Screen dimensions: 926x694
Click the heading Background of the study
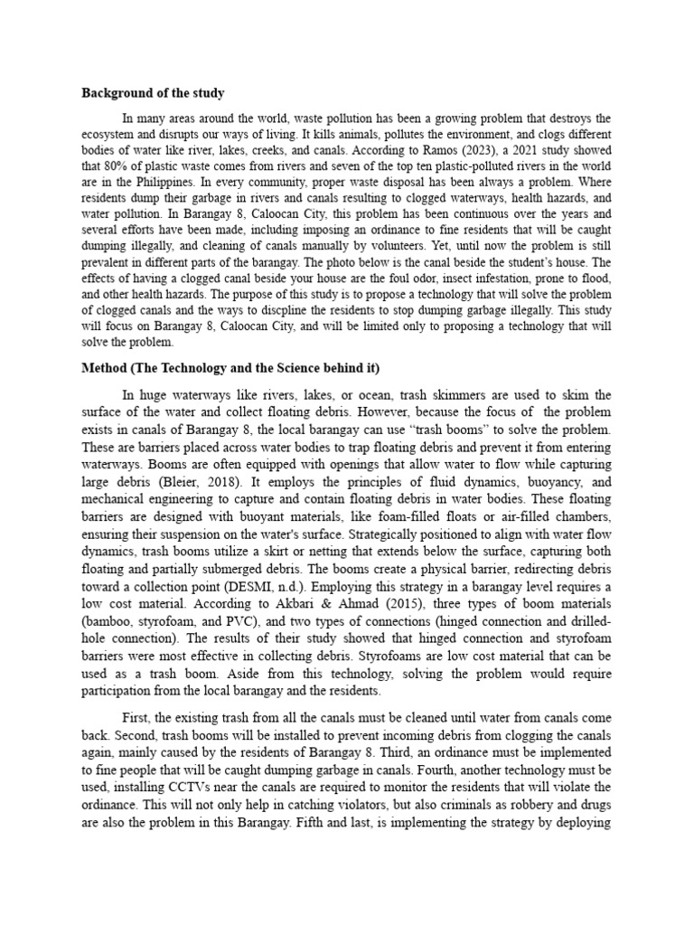pyautogui.click(x=153, y=93)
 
